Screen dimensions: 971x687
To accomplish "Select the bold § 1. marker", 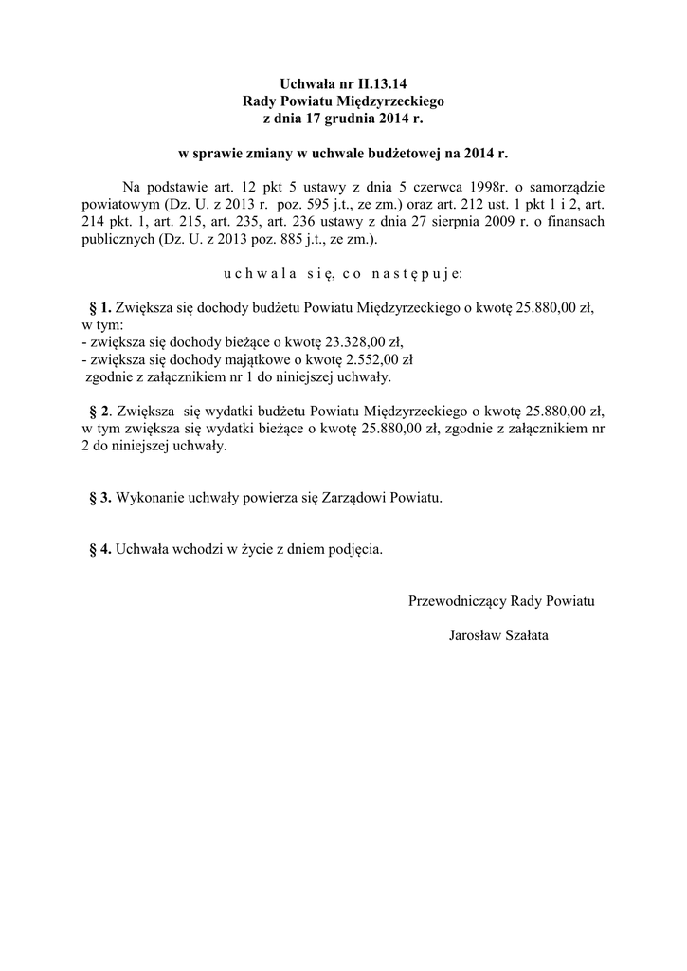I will (99, 308).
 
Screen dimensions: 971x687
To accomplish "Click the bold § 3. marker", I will (99, 497).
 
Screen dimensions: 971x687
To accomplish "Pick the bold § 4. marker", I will (99, 549).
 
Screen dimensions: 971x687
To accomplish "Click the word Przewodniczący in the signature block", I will (457, 601).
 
